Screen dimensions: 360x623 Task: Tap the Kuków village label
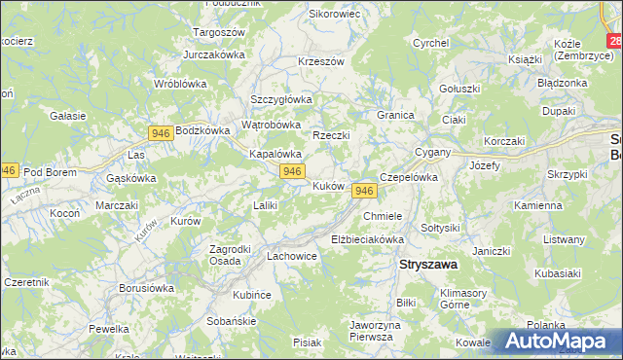click(327, 185)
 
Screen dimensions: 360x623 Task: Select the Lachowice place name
click(292, 256)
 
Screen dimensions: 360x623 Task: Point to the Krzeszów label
click(321, 61)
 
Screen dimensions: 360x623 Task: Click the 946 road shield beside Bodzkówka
click(162, 131)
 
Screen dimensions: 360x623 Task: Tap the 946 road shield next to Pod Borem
click(8, 169)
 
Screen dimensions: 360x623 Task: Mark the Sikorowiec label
click(334, 15)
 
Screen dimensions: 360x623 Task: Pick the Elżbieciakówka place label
click(367, 238)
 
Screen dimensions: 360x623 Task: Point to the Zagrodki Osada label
click(233, 254)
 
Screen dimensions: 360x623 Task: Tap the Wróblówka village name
click(181, 84)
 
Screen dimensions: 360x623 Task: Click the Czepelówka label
click(410, 178)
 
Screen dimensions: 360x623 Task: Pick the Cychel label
click(429, 43)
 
